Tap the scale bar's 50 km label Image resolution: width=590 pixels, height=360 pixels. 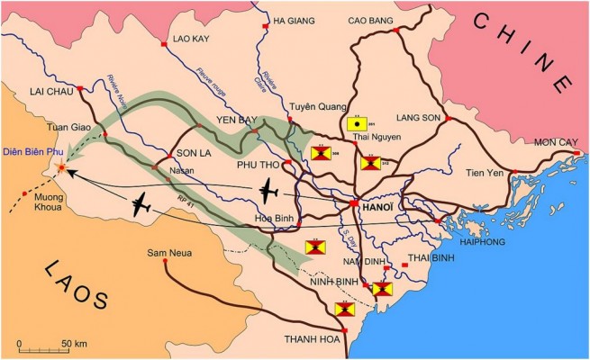click(x=73, y=343)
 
